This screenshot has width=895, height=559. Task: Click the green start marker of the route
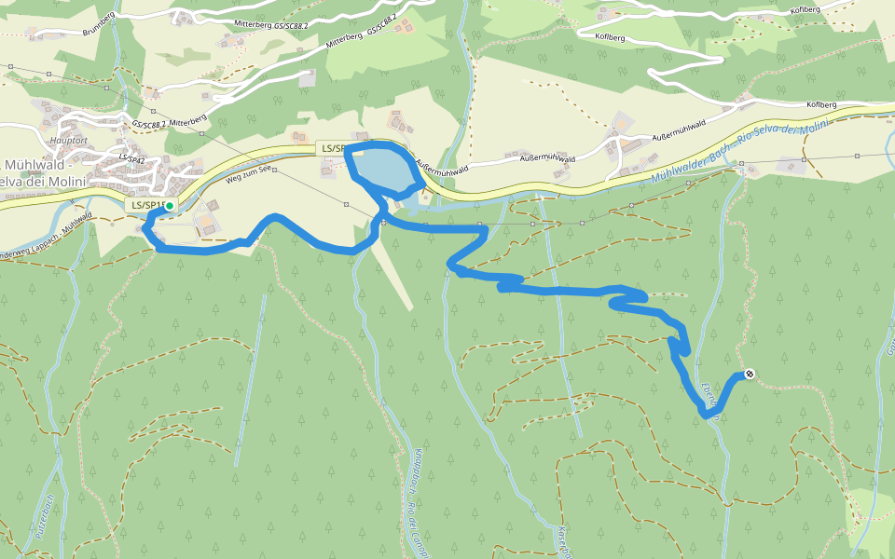[x=169, y=205]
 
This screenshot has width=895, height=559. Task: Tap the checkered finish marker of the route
[x=749, y=375]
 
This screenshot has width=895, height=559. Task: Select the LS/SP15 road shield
[x=145, y=205]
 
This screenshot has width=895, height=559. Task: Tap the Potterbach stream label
[x=41, y=522]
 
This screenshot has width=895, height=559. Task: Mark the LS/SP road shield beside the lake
[x=332, y=148]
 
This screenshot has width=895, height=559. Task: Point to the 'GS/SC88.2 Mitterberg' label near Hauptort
[x=168, y=123]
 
